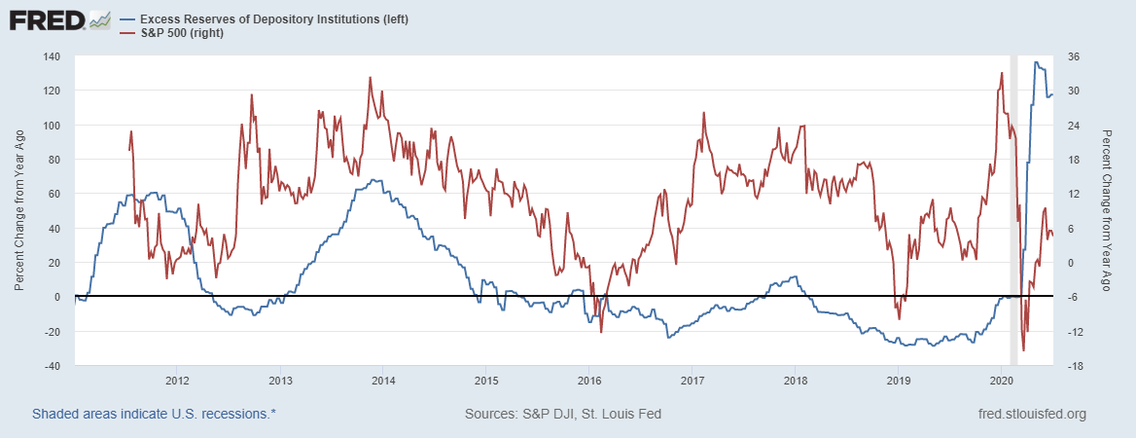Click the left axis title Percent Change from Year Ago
(19, 210)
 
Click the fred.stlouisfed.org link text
(1031, 414)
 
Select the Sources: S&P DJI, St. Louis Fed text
(563, 414)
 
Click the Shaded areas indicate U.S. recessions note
(154, 414)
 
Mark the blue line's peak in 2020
(1036, 62)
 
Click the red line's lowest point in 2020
(1023, 350)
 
